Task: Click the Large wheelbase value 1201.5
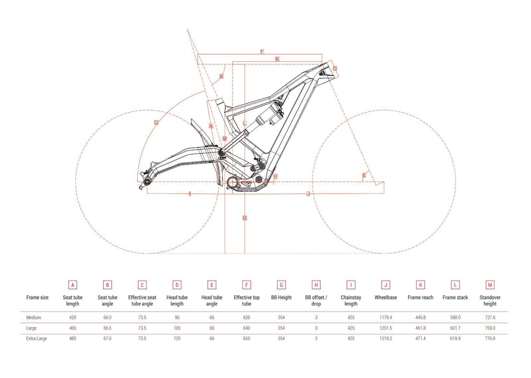pos(386,328)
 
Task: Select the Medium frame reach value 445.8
pos(420,318)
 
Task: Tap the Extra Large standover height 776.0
pos(490,338)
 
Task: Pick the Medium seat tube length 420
pos(73,318)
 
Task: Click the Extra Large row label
pos(37,338)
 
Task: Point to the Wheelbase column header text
pos(386,297)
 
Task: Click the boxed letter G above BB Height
pos(281,285)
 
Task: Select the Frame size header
pos(37,297)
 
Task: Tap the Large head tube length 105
pos(177,328)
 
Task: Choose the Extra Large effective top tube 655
pos(247,338)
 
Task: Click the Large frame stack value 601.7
pos(455,328)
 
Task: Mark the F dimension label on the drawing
pos(262,51)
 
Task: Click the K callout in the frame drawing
pos(277,59)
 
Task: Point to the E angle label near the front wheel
pos(364,175)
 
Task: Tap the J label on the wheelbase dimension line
pos(308,194)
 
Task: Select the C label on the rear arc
pos(156,123)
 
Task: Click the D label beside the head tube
pos(335,68)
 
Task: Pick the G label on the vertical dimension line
pos(245,218)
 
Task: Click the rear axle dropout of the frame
pos(147,182)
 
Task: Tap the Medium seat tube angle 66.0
pos(108,318)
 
